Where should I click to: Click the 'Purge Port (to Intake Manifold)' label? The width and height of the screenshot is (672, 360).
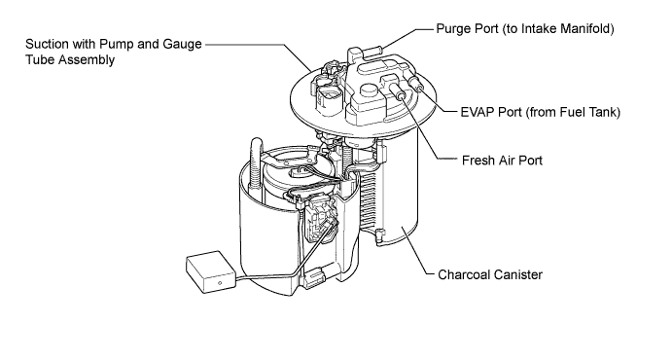[x=525, y=29]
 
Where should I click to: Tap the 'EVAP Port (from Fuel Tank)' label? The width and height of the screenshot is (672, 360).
[x=541, y=112]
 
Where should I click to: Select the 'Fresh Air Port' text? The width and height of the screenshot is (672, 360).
[x=502, y=161]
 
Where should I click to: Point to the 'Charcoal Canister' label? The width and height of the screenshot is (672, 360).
[x=490, y=274]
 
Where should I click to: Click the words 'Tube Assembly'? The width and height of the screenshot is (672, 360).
[x=70, y=59]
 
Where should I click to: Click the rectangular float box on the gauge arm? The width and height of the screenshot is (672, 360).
[x=211, y=272]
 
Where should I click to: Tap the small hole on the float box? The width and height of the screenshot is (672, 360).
[x=220, y=283]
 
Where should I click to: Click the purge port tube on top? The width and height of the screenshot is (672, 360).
[x=373, y=52]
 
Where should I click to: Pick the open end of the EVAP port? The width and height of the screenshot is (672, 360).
[x=420, y=89]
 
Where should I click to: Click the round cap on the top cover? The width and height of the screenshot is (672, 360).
[x=369, y=90]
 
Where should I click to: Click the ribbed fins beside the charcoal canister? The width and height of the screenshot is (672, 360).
[x=370, y=198]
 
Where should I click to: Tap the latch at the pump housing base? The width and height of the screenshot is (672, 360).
[x=315, y=277]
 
